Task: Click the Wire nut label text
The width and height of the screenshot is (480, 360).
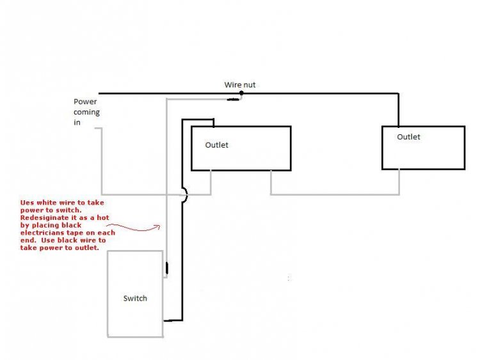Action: (240, 84)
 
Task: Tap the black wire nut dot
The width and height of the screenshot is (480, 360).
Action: (241, 93)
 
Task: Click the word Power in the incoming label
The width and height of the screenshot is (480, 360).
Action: (85, 102)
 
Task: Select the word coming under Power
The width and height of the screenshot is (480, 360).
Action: (86, 113)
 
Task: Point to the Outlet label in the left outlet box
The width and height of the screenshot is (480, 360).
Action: (216, 145)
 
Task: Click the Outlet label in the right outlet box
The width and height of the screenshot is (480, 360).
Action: (408, 137)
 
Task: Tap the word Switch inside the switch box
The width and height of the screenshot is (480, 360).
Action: (135, 298)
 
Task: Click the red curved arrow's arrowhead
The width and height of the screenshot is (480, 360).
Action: (157, 227)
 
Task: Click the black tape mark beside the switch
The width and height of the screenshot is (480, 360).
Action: (167, 268)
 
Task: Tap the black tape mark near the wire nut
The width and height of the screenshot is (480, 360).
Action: (233, 99)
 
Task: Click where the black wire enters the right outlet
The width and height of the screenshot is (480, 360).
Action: (398, 126)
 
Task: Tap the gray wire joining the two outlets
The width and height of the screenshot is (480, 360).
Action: (335, 194)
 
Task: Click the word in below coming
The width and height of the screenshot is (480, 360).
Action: (77, 122)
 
